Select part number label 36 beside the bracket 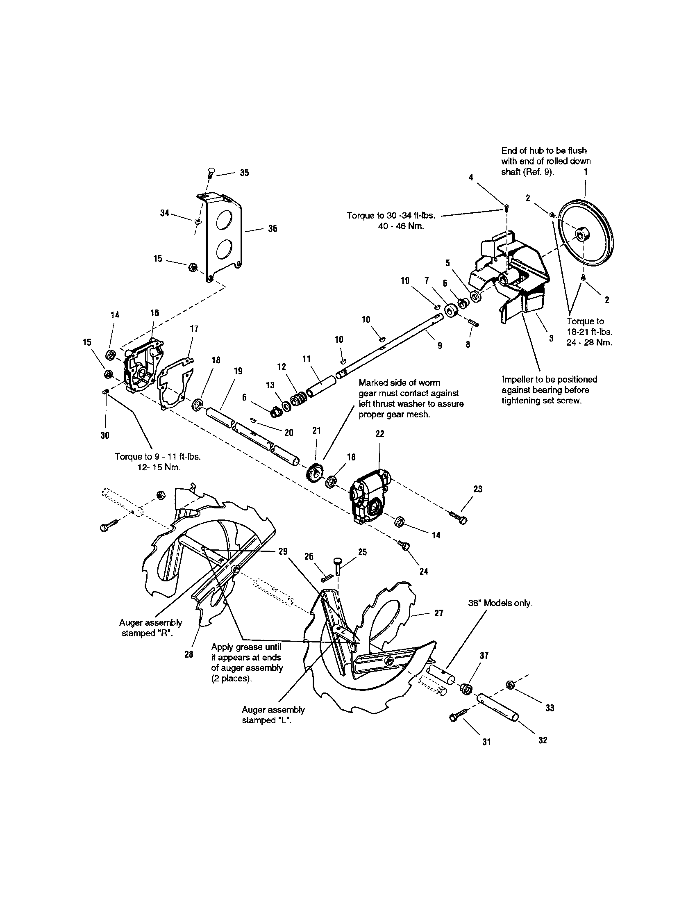click(x=273, y=228)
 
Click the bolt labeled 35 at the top click(x=211, y=173)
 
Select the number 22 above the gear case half click(x=380, y=434)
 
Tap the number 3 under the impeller click(x=551, y=338)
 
